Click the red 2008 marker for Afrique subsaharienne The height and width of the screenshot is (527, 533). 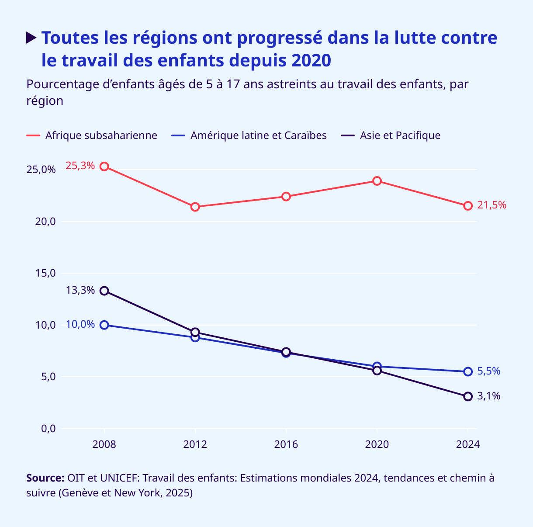click(104, 166)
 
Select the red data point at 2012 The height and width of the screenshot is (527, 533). click(195, 207)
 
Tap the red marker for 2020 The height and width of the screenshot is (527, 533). click(377, 181)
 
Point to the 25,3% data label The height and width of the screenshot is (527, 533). click(80, 166)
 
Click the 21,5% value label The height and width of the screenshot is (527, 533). click(491, 205)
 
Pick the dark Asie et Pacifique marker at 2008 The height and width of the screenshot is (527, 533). click(104, 291)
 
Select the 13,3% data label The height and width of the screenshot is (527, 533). click(80, 290)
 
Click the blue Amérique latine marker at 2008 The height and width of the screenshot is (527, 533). click(104, 325)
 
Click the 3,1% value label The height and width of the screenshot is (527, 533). click(488, 396)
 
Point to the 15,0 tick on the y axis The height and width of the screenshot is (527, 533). click(45, 273)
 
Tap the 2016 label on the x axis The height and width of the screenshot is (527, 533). click(286, 445)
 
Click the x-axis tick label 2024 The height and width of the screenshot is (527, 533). click(468, 445)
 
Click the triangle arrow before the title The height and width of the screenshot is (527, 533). click(31, 38)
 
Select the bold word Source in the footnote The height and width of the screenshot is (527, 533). click(45, 478)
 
